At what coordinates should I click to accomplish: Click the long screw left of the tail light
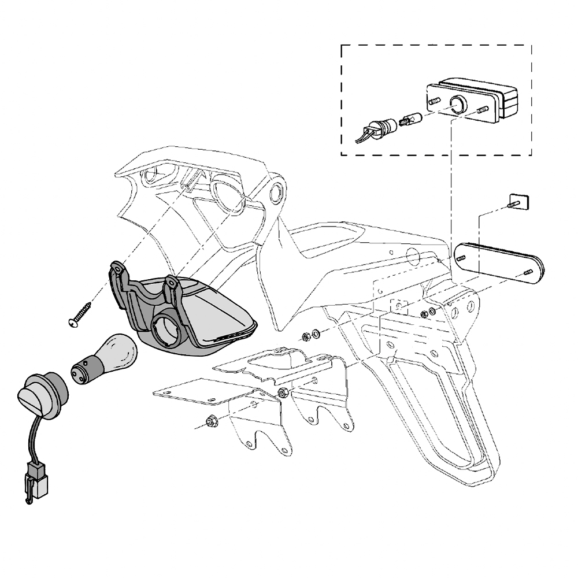pos(81,313)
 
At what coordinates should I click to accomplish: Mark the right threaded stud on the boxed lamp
pos(483,110)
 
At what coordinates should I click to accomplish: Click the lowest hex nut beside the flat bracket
pos(210,420)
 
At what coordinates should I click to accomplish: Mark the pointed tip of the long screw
pos(92,302)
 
